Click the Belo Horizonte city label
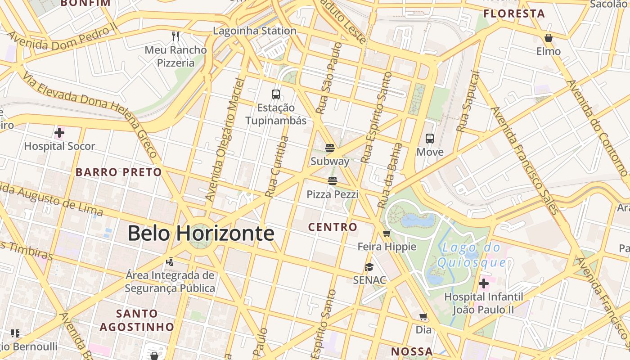point(201,233)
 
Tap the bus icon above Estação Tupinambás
point(276,94)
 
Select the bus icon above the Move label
point(430,139)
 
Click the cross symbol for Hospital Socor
point(59,133)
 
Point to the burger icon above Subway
point(330,148)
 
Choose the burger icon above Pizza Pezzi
point(333,181)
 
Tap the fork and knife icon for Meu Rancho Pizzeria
point(175,36)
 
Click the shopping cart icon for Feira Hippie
point(387,234)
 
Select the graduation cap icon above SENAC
point(369,267)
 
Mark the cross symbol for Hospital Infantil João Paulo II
point(484,283)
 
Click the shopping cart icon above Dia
point(423,316)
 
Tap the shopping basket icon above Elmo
point(548,38)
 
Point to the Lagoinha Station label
point(255,31)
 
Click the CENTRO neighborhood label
point(333,227)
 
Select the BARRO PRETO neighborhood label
point(118,172)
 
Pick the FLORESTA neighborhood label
point(514,13)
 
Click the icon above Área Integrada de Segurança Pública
point(170,261)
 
